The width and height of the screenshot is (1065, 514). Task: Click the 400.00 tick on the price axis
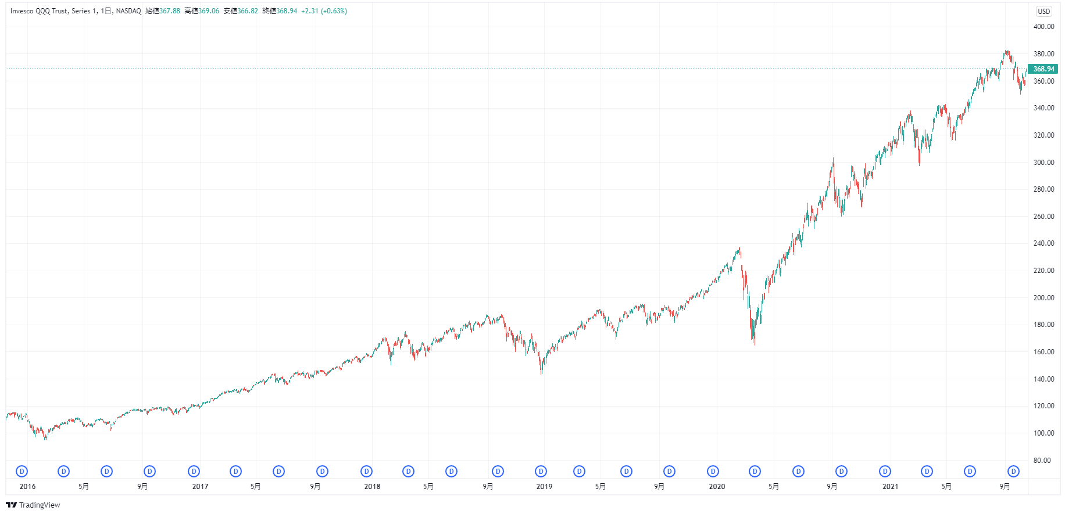click(x=1043, y=27)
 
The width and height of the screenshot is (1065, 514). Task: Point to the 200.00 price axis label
click(x=1043, y=298)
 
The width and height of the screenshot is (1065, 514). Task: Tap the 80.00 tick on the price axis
click(x=1042, y=461)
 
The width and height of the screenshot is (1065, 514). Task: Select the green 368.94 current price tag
click(x=1043, y=69)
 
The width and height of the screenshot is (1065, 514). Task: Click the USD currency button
click(x=1044, y=11)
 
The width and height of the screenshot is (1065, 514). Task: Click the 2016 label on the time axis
click(x=27, y=487)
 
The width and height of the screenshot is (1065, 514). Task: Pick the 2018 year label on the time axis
click(x=372, y=487)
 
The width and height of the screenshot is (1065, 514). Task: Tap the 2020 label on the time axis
click(x=717, y=487)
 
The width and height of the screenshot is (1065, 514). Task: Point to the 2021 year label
click(x=890, y=487)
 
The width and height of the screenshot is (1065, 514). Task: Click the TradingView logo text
click(x=40, y=505)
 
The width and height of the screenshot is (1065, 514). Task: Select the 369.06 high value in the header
click(x=209, y=11)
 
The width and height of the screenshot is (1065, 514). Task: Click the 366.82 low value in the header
click(x=248, y=11)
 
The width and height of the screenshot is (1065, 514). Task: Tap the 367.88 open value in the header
click(x=170, y=11)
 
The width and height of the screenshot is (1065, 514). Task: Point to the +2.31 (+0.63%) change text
click(x=324, y=11)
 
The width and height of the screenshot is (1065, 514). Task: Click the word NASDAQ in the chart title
click(x=128, y=11)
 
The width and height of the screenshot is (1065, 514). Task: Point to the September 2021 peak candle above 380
click(x=1006, y=53)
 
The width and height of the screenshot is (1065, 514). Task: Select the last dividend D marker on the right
click(x=1013, y=472)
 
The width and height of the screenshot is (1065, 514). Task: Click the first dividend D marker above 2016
click(x=22, y=472)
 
